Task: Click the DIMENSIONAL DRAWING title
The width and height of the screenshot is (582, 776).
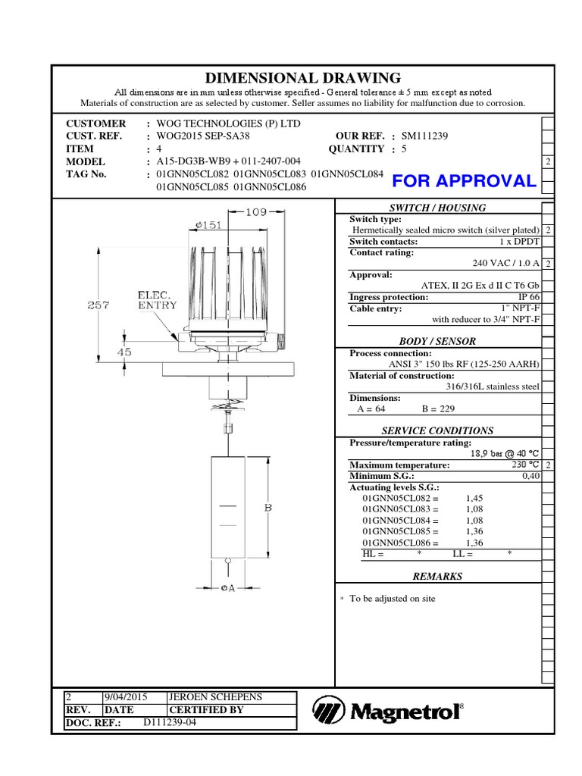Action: coord(303,77)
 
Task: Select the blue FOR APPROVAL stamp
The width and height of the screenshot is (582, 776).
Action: coord(464,180)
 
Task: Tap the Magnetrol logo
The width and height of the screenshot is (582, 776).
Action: coord(387,710)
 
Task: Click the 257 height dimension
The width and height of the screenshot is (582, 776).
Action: coord(98,305)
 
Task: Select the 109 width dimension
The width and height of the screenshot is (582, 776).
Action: coord(256,212)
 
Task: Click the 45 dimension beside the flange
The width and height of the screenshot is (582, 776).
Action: coord(122,352)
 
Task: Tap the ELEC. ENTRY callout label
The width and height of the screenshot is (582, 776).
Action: coord(157,299)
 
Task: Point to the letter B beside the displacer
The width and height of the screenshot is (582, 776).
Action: coord(268,508)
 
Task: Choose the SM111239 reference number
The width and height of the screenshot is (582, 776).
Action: coord(425,136)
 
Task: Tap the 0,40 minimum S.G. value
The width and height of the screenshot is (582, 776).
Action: coord(530,476)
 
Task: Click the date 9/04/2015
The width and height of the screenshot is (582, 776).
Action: coord(125,696)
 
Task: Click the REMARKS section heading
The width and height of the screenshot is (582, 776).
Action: coord(437,576)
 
